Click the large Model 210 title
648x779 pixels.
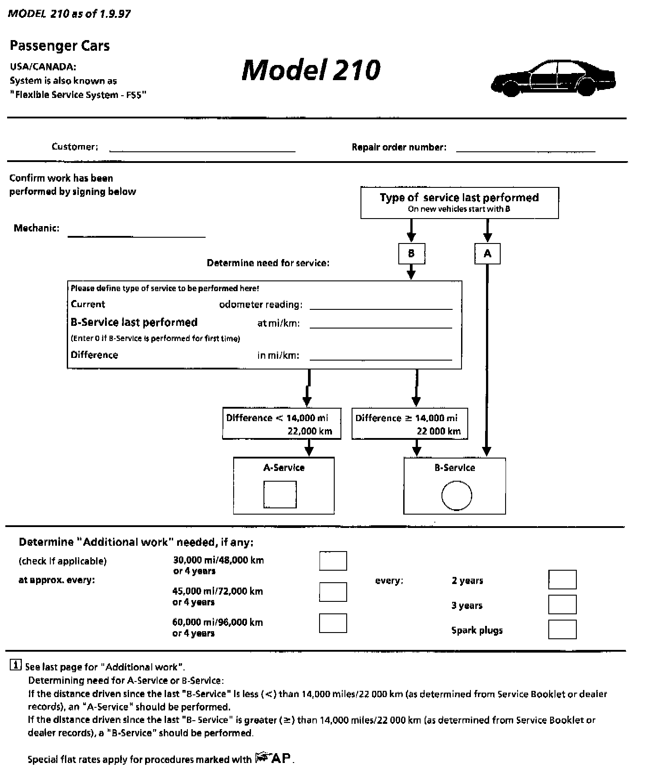click(311, 70)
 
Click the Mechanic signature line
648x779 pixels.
click(137, 235)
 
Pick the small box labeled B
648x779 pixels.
click(411, 254)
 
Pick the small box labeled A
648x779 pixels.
click(487, 254)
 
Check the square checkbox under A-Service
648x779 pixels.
click(280, 494)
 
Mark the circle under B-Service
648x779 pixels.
click(457, 495)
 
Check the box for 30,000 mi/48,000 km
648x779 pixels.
click(333, 561)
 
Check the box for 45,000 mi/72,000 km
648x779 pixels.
click(333, 592)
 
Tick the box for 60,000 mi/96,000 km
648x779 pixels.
click(333, 623)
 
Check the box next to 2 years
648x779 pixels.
click(563, 580)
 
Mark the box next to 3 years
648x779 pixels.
click(563, 605)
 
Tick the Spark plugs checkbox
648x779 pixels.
click(563, 629)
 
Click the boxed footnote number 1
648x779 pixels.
click(15, 665)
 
